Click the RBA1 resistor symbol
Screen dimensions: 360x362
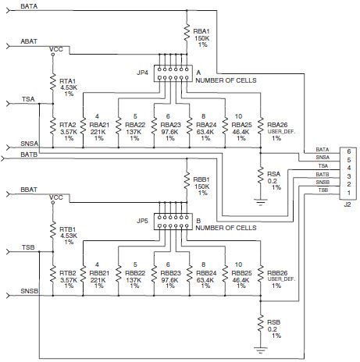[187, 33]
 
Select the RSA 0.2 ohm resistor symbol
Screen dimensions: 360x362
[260, 176]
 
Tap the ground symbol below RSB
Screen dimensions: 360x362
[260, 350]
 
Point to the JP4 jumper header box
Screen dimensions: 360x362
[173, 73]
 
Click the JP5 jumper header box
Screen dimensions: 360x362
[173, 222]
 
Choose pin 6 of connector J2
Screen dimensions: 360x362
[349, 151]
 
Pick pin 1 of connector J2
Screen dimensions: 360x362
[349, 193]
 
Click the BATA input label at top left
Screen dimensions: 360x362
[29, 6]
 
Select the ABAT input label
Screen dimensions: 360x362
[29, 41]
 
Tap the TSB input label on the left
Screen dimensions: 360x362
[28, 247]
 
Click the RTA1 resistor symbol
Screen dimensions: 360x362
[53, 82]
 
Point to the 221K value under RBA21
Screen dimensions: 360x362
[98, 132]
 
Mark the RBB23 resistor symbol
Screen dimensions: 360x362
[154, 274]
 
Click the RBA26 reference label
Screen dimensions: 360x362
[277, 125]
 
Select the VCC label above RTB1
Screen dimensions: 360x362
[56, 197]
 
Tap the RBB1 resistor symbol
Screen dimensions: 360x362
[187, 181]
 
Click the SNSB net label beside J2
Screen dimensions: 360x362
[323, 183]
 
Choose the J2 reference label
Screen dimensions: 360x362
[348, 204]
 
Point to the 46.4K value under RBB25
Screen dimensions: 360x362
[241, 280]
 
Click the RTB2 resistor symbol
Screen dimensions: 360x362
[53, 274]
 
